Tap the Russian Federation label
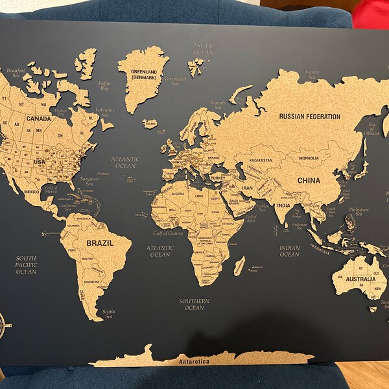pyautogui.click(x=309, y=117)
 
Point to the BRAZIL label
pyautogui.click(x=100, y=243)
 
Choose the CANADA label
pyautogui.click(x=38, y=119)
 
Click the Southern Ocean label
pyautogui.click(x=194, y=304)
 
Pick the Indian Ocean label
pyautogui.click(x=289, y=251)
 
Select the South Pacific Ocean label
pyautogui.click(x=26, y=265)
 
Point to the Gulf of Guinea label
pyautogui.click(x=167, y=233)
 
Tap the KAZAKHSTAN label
pyautogui.click(x=259, y=159)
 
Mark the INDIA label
pyautogui.click(x=284, y=206)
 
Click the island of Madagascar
pyautogui.click(x=239, y=265)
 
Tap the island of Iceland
pyautogui.click(x=150, y=123)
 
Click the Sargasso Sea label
pyautogui.click(x=90, y=178)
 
